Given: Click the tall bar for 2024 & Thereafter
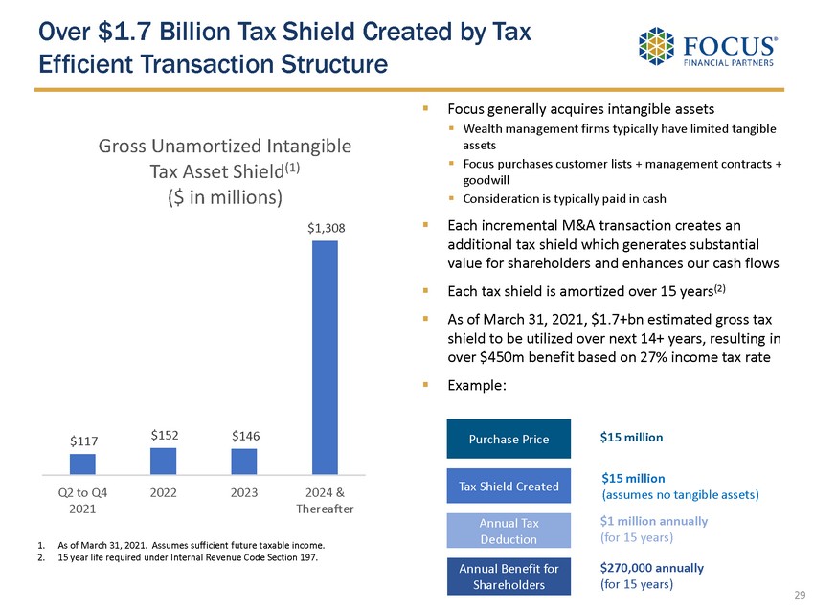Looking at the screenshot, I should click(325, 356).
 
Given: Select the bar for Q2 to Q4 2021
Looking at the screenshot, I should click(82, 464).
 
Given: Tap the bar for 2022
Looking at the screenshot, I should click(163, 461).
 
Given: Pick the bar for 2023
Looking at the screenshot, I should click(244, 462).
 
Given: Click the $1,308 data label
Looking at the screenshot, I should click(326, 229).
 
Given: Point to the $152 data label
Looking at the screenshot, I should click(164, 435).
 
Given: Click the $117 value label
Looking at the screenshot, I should click(83, 441).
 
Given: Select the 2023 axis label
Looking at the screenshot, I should click(244, 493).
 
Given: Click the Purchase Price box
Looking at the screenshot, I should click(509, 439).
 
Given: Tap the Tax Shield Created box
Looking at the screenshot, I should click(509, 486).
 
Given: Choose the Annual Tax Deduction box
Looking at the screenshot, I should click(509, 532).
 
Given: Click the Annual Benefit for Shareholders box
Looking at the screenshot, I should click(509, 577).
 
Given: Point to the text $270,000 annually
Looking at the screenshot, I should click(651, 568).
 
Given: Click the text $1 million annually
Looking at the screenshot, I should click(654, 521).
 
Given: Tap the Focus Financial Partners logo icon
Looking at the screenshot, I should click(657, 46).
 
